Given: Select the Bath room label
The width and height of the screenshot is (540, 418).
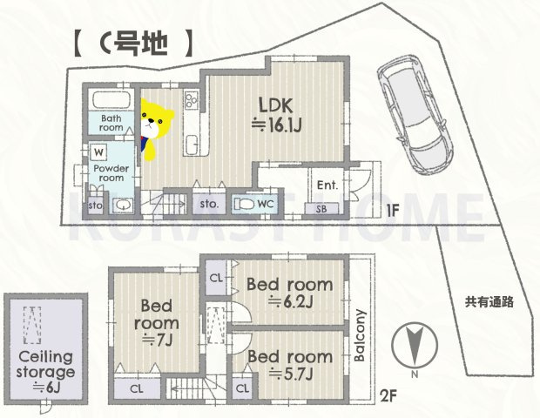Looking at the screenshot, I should (111, 122).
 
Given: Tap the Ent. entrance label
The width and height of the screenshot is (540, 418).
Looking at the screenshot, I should (328, 185).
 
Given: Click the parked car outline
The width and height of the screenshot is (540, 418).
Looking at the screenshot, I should (411, 108).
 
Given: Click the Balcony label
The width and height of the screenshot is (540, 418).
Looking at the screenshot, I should (360, 335).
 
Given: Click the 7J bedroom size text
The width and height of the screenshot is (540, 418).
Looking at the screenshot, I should (159, 340).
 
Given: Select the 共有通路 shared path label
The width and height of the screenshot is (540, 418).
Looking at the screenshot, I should (489, 302).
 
